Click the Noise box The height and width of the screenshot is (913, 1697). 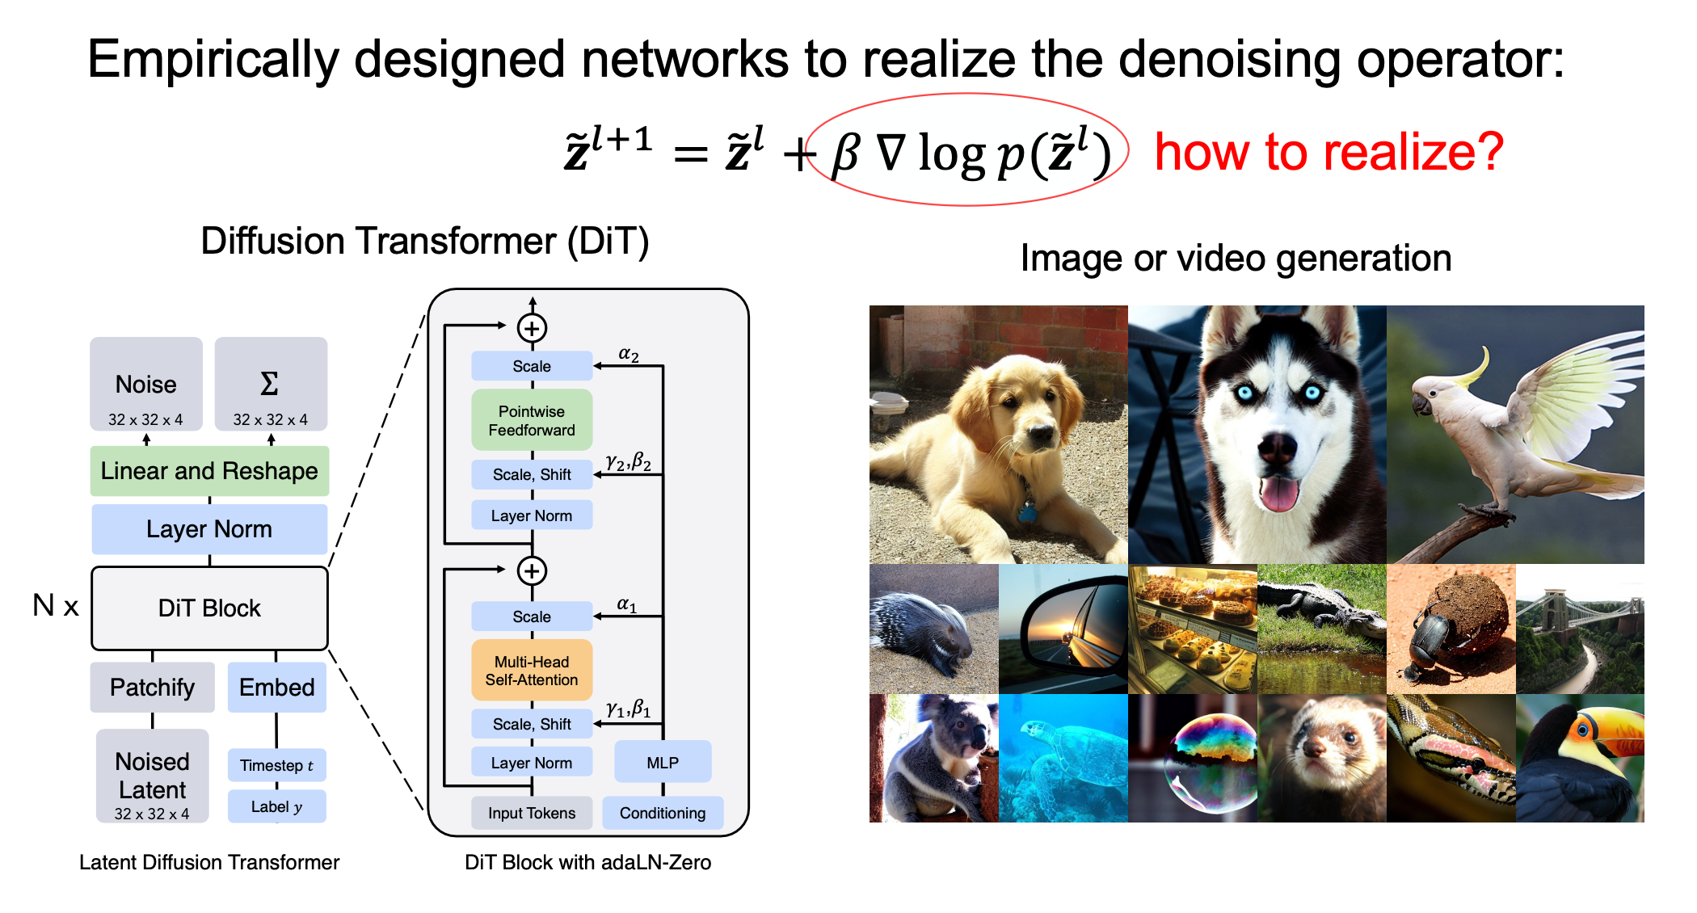tap(145, 384)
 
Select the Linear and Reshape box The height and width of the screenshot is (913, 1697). tap(209, 471)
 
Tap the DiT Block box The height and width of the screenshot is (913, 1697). tap(209, 608)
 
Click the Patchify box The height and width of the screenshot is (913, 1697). tap(152, 688)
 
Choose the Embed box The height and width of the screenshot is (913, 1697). tap(277, 688)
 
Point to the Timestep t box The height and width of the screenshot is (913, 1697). tap(277, 765)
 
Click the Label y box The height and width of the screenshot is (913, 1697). tap(277, 806)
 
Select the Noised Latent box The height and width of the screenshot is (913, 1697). tap(152, 776)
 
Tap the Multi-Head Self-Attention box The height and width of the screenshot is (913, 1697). tap(532, 671)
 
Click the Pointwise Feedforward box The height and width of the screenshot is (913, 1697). tap(532, 420)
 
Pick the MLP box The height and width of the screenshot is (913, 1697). tap(663, 762)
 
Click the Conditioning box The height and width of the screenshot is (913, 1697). tap(663, 813)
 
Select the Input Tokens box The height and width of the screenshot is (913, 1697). tap(532, 813)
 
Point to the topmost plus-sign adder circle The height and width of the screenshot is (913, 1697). tap(532, 328)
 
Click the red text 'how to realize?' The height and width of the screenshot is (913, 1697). tap(1329, 151)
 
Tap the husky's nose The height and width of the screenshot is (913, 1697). tap(1277, 447)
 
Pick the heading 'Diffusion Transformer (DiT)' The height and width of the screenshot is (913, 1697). tap(425, 242)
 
